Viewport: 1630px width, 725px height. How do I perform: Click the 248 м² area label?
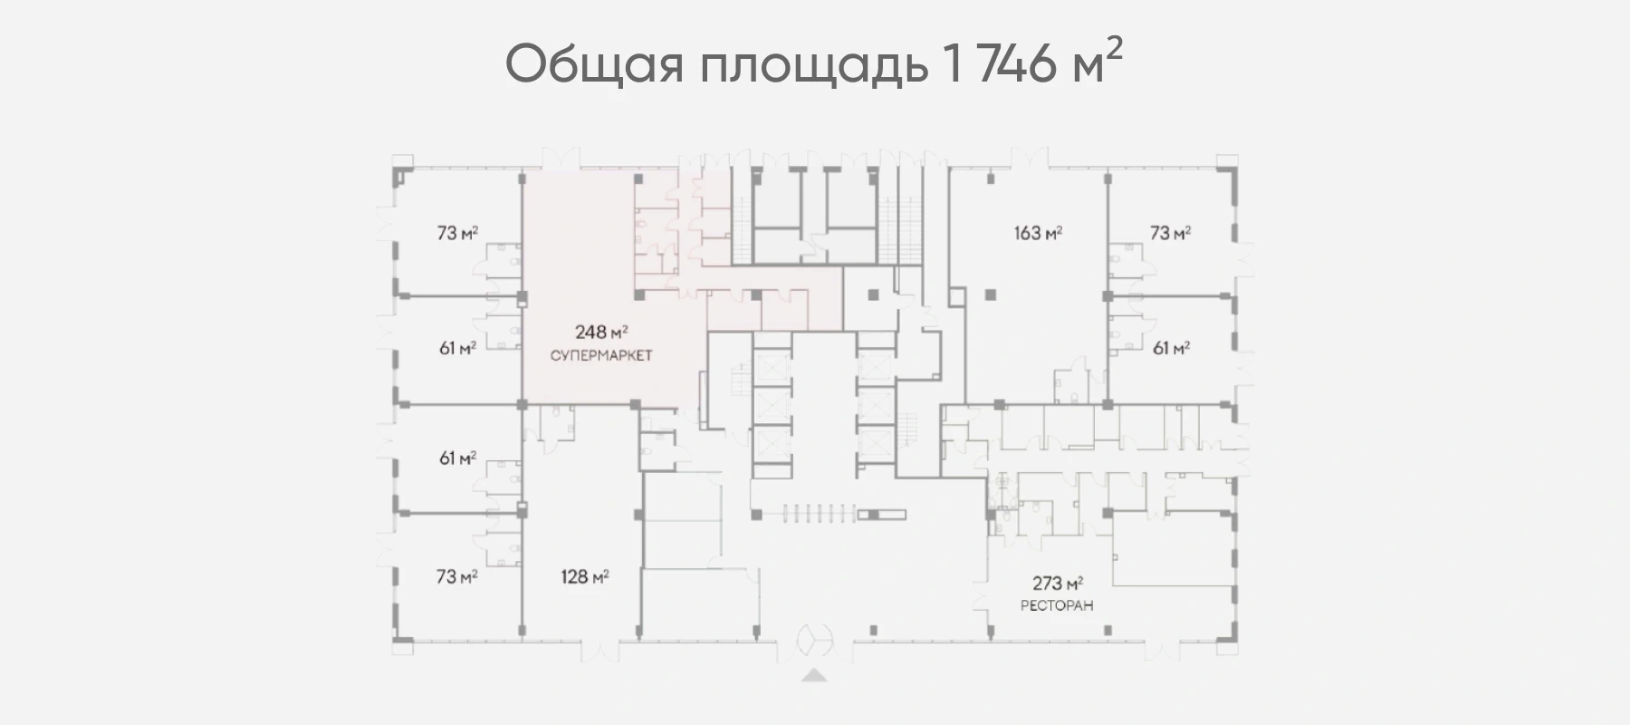pos(602,332)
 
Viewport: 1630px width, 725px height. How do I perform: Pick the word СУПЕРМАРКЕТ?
pos(601,355)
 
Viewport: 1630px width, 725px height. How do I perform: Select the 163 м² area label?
pos(1038,233)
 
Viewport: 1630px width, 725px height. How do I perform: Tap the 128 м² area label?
pos(584,576)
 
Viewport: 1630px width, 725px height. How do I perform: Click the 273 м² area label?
pos(1059,584)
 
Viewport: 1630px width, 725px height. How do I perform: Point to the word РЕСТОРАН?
pos(1057,605)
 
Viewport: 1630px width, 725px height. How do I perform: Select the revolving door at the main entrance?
pos(813,641)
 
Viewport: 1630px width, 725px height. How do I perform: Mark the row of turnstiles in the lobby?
pos(809,514)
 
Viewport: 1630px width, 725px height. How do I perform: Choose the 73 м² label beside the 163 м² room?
pos(1170,233)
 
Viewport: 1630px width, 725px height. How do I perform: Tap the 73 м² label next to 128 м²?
pos(457,576)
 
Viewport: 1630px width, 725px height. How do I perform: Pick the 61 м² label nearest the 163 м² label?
pos(1171,347)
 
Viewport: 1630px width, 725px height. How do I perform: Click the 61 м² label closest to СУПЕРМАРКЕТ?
pos(458,347)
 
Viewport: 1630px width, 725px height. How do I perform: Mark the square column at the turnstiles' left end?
pos(756,514)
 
